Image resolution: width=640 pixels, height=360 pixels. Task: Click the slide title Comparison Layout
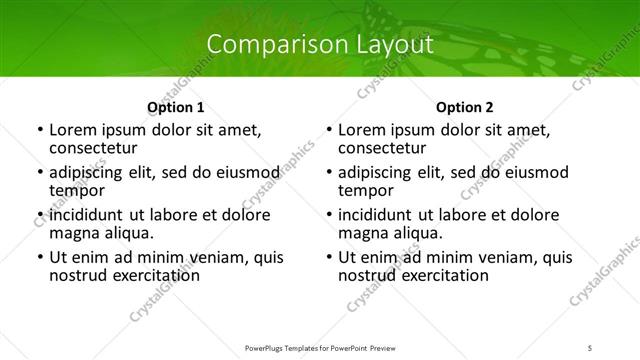coord(319,45)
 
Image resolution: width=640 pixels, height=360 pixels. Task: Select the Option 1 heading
coord(176,107)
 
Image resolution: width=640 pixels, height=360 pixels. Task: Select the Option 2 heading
coord(464,107)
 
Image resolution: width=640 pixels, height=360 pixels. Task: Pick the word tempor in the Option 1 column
coord(76,190)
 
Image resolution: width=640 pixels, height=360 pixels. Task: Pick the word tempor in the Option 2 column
coord(365,190)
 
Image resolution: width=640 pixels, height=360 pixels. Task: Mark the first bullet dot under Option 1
coord(39,131)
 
